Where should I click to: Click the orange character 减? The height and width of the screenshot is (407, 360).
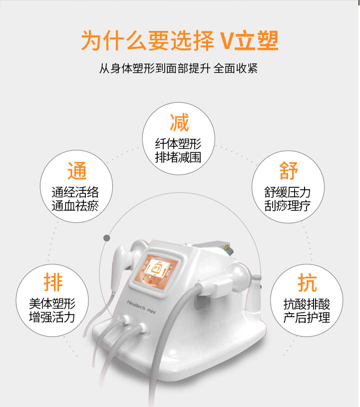pyautogui.click(x=179, y=122)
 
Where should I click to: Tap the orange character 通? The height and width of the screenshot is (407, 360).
pyautogui.click(x=77, y=170)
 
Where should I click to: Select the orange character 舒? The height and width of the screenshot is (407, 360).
pyautogui.click(x=289, y=170)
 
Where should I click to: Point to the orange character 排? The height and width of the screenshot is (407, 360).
pyautogui.click(x=53, y=283)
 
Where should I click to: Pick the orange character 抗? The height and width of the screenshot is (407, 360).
pyautogui.click(x=307, y=283)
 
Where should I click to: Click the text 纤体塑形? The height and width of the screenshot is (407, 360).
pyautogui.click(x=178, y=143)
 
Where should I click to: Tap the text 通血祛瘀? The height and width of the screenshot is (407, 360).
pyautogui.click(x=75, y=206)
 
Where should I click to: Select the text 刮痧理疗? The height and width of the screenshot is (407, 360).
pyautogui.click(x=287, y=206)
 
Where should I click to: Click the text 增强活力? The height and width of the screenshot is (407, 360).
pyautogui.click(x=52, y=317)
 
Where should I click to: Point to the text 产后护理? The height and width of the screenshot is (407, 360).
pyautogui.click(x=307, y=318)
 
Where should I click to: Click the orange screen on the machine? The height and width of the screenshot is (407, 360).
pyautogui.click(x=156, y=270)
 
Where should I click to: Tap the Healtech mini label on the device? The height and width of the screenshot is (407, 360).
pyautogui.click(x=141, y=307)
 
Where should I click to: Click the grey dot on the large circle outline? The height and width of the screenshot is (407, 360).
pyautogui.click(x=107, y=238)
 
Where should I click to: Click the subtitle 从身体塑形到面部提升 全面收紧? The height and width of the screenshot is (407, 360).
pyautogui.click(x=179, y=68)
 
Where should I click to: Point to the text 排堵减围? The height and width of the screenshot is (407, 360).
pyautogui.click(x=178, y=157)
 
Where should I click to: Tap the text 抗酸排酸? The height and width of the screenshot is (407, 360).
pyautogui.click(x=307, y=304)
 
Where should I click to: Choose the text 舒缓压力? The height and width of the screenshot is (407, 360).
pyautogui.click(x=287, y=192)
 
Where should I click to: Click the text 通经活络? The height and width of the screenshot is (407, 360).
pyautogui.click(x=75, y=192)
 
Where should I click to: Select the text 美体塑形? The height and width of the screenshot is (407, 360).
pyautogui.click(x=52, y=304)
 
